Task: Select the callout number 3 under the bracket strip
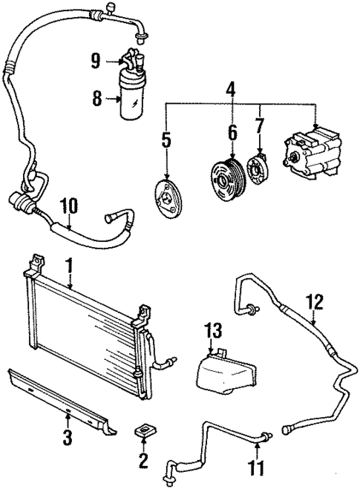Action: [68, 438]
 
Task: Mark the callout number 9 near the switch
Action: [96, 61]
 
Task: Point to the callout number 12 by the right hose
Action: [315, 302]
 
